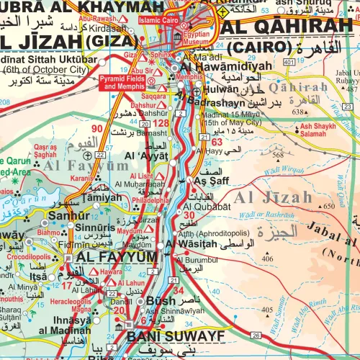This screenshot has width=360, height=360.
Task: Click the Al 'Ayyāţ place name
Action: point(145,155)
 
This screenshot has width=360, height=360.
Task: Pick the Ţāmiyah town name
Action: point(101,197)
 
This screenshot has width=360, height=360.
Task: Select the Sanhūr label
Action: point(49,214)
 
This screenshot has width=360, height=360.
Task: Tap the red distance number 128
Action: point(164,125)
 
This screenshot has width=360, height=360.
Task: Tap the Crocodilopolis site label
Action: point(30,256)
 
